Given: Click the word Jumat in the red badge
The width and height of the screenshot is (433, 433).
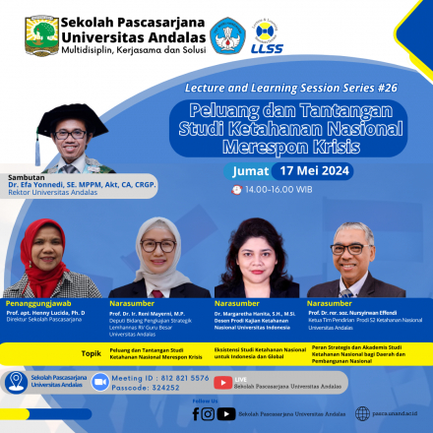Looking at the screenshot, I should click(250, 170).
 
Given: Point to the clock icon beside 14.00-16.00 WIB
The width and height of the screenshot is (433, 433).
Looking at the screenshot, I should click(236, 189).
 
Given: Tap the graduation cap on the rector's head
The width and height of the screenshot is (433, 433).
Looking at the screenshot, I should click(72, 117).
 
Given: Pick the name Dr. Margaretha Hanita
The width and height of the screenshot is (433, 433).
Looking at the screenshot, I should click(251, 313).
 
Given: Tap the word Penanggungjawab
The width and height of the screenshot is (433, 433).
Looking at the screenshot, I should click(41, 302).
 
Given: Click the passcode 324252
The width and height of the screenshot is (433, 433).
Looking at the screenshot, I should click(163, 389).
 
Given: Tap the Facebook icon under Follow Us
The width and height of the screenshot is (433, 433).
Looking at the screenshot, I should click(196, 413).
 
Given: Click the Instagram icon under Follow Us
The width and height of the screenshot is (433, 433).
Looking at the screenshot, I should click(209, 413).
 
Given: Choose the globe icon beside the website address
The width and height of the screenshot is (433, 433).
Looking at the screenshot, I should click(362, 413).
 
